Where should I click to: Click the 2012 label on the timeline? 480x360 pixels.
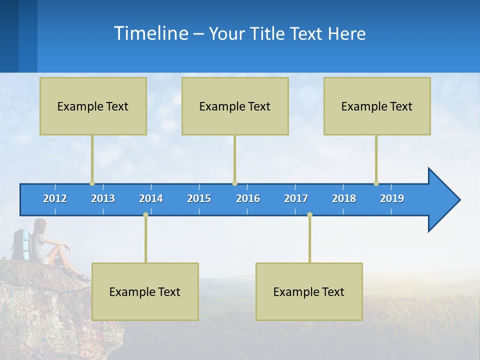55,198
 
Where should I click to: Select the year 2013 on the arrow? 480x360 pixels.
103,198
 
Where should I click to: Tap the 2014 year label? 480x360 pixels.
151,198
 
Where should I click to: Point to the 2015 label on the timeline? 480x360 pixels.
199,198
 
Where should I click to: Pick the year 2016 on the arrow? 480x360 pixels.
248,198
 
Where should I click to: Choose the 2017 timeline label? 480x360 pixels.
296,198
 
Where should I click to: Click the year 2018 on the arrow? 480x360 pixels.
344,198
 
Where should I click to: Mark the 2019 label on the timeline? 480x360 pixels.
392,198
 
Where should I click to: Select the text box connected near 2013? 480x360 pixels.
93,106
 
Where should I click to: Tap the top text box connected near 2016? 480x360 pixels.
235,106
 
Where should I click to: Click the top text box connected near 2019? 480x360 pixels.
377,106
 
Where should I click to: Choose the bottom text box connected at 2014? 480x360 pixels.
145,291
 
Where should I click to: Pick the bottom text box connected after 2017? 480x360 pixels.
309,291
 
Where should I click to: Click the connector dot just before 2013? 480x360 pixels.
92,183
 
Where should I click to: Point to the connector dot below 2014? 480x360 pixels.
145,214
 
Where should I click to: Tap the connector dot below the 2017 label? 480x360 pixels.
309,214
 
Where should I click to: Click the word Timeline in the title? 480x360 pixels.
150,33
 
